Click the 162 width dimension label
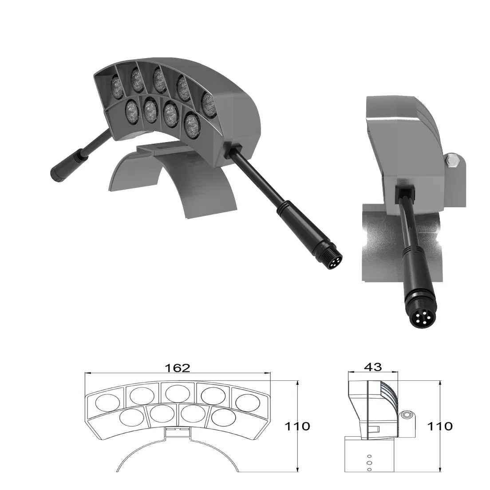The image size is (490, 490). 178,367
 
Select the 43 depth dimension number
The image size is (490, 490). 372,367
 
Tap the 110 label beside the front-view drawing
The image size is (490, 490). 297,426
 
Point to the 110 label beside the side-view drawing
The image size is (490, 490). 439,426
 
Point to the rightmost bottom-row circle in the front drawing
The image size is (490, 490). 223,417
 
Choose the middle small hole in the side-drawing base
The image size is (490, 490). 369,462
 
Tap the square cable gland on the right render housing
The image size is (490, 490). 404,191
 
